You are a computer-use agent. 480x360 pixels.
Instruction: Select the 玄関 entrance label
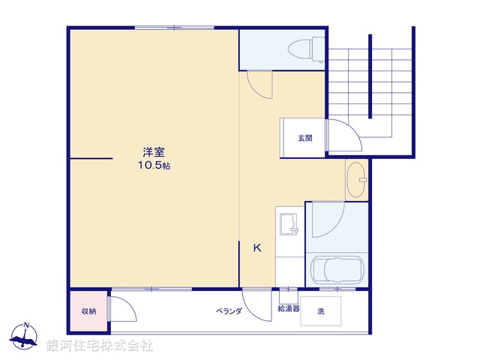click(x=304, y=138)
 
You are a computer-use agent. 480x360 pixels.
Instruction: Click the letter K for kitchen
click(x=256, y=248)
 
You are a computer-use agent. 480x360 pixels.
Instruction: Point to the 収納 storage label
click(x=88, y=311)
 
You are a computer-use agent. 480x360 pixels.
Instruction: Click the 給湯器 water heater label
click(x=289, y=308)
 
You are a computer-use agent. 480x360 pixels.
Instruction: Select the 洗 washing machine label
click(x=320, y=310)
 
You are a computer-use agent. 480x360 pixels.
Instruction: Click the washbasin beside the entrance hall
click(x=356, y=180)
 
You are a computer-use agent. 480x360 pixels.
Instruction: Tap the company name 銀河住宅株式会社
click(x=100, y=346)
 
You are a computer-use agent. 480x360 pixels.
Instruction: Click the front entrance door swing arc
click(x=341, y=135)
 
